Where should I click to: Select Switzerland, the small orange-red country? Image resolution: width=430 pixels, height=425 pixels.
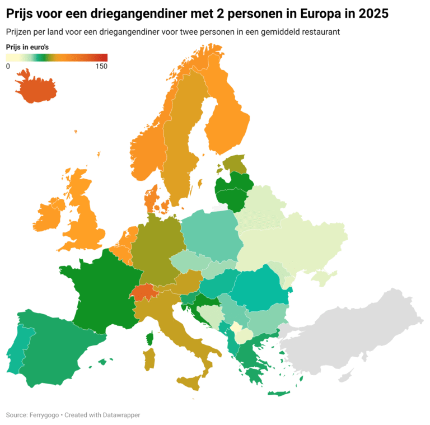click(144, 292)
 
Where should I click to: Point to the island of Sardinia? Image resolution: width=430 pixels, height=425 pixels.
click(149, 359)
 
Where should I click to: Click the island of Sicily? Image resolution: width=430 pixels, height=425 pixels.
click(190, 384)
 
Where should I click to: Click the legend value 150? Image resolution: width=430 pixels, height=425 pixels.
click(101, 67)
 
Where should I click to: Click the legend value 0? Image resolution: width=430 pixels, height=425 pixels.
click(8, 67)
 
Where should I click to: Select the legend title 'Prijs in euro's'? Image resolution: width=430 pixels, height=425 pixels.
click(27, 47)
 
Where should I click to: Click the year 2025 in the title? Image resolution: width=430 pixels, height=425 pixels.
click(370, 13)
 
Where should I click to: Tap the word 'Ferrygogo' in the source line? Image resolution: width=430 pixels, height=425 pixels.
click(46, 415)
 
